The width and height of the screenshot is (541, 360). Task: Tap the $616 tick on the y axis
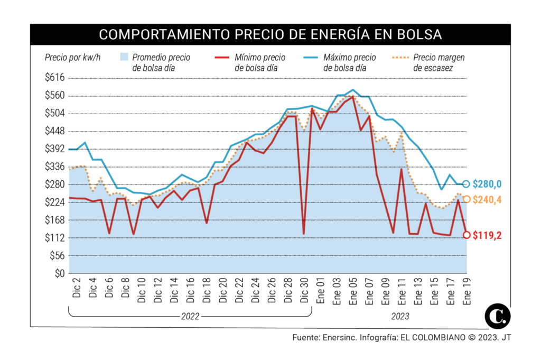55,77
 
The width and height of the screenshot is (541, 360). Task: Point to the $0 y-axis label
60,273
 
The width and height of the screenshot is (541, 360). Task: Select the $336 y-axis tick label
55,167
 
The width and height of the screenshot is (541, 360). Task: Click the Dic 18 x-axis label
207,290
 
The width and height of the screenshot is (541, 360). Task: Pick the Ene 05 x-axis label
352,291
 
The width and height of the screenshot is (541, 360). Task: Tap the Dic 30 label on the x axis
304,290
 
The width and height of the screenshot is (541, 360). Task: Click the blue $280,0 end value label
487,184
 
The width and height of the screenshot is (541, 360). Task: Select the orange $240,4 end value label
487,199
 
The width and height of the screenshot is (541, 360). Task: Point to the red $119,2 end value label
487,235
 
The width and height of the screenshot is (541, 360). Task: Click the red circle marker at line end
467,235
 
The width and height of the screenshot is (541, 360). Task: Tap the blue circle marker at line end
466,184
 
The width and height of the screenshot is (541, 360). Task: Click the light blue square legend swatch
124,57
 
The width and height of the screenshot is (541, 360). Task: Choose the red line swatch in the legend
222,57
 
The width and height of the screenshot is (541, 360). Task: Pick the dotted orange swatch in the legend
400,57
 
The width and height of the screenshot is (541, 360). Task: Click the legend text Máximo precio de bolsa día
350,62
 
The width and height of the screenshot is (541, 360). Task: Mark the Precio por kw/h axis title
72,57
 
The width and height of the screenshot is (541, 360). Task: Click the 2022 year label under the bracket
190,316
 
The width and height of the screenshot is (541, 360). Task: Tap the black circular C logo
498,316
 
